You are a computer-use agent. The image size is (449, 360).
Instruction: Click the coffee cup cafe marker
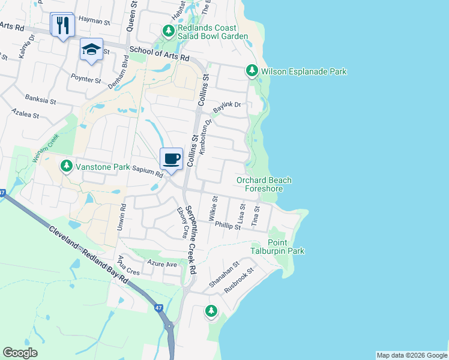point(172,159)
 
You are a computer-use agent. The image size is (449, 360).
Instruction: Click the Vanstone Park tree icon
point(66,165)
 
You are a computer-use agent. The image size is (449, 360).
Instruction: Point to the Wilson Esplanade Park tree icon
point(252,71)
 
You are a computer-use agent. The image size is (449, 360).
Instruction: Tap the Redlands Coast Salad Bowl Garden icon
point(169,30)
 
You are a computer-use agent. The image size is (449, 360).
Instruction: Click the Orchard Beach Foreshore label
point(264,184)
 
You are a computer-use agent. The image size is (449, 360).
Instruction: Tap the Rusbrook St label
point(239,280)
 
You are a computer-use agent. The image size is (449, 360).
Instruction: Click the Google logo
point(20,353)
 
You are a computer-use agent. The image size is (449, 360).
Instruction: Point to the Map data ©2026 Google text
point(412,355)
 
